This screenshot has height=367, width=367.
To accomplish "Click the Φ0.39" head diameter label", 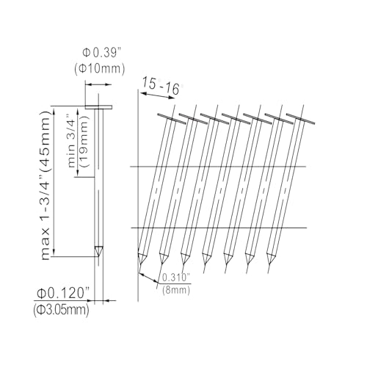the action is click(x=102, y=53).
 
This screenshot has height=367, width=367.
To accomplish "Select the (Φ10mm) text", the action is click(x=100, y=69).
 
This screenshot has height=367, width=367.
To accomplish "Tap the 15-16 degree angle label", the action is click(x=162, y=86).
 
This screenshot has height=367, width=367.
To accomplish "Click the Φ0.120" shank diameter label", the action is click(x=62, y=293).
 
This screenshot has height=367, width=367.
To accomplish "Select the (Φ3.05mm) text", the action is click(x=61, y=310).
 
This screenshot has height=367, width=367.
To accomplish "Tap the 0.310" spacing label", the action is click(x=176, y=277).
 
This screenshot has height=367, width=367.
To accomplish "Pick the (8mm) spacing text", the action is click(x=176, y=290).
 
